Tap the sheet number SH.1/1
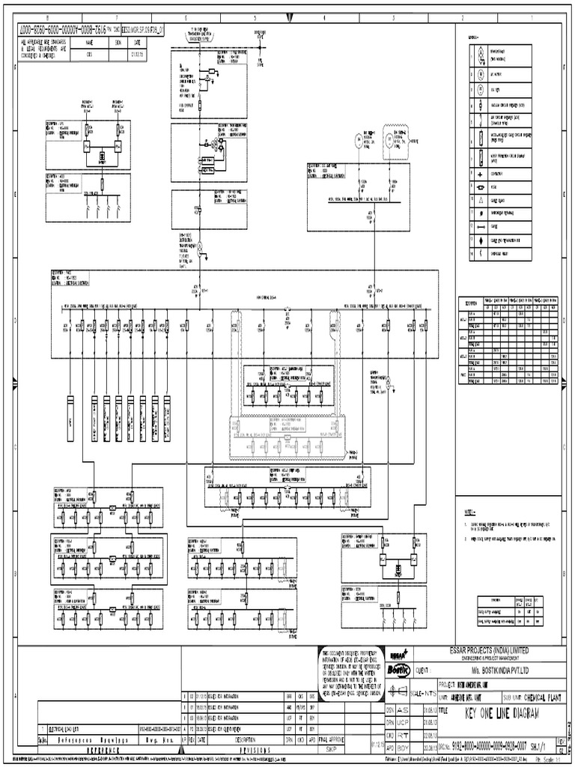tap(538, 745)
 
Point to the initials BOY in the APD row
tap(401, 746)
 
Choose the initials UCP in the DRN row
tap(401, 722)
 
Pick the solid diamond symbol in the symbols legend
tap(473, 240)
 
